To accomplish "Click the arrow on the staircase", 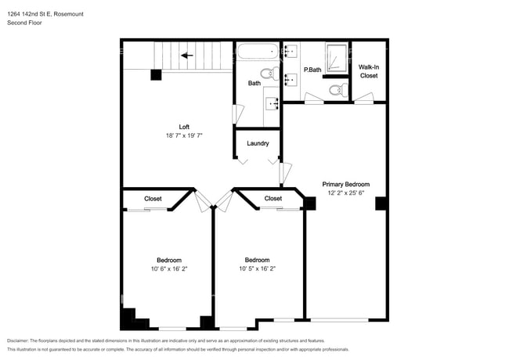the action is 187,56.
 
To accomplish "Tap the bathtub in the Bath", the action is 258,51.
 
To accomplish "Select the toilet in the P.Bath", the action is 338,89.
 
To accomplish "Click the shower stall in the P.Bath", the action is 337,58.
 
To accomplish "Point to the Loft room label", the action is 184,127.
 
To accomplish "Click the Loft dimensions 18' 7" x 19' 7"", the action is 184,135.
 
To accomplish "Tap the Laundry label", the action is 258,143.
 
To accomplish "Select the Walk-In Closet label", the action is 369,71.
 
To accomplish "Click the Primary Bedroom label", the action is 345,184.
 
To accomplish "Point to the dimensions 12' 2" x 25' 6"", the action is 345,193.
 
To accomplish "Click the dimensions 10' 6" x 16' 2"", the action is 169,269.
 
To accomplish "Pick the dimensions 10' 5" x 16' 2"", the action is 257,268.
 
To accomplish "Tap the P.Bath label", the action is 312,70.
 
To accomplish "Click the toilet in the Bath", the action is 269,74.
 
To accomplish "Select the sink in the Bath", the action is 273,104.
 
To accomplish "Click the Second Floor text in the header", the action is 24,23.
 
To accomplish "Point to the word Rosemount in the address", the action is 68,14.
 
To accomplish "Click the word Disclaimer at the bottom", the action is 18,340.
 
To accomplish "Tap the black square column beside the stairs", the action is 156,75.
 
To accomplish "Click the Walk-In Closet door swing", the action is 364,98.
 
